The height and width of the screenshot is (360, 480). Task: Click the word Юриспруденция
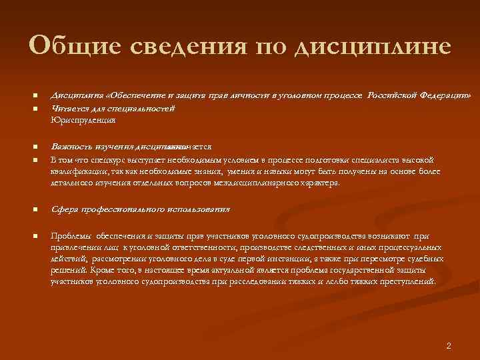(83, 120)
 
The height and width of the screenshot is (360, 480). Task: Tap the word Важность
(71, 147)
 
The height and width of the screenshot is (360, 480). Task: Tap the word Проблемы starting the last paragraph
(71, 236)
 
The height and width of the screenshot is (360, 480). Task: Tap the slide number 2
(449, 345)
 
